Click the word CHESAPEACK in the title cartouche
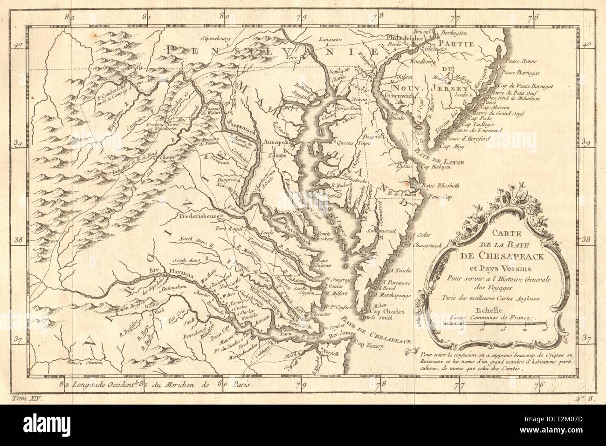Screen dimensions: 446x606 click(x=496, y=255)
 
